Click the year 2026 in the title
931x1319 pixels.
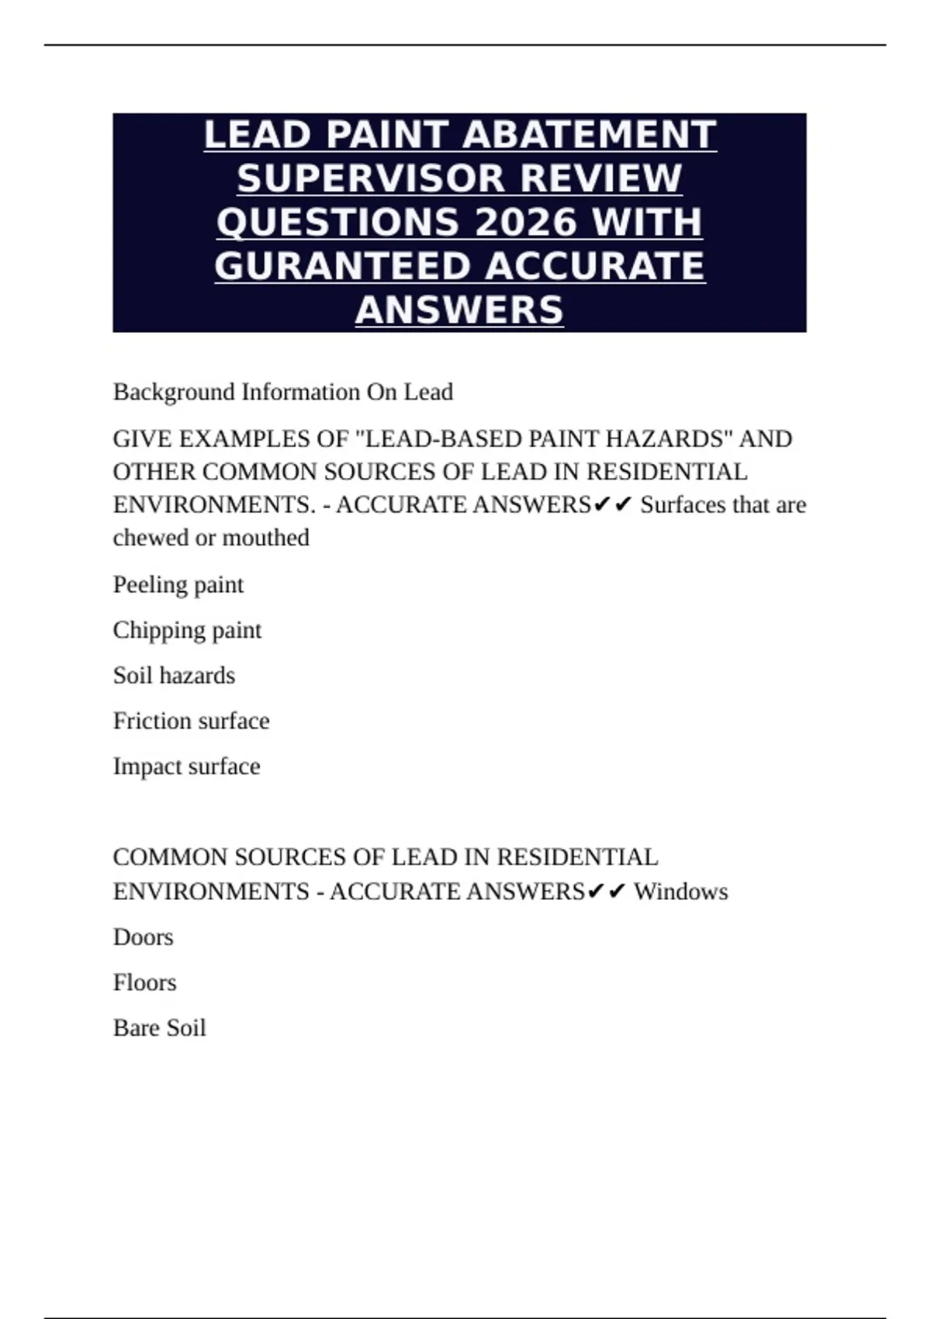point(524,223)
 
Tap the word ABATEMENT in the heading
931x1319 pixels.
point(589,135)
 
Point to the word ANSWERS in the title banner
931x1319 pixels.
point(459,310)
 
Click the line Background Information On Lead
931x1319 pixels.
point(282,392)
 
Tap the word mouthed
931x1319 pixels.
point(265,538)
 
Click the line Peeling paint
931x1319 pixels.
point(178,584)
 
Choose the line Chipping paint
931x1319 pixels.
point(187,630)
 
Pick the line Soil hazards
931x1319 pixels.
point(174,675)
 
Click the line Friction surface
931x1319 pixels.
point(191,721)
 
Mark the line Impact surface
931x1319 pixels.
point(186,767)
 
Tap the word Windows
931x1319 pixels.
point(680,891)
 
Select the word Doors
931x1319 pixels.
point(143,937)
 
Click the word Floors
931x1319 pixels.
point(144,982)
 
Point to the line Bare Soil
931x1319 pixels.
point(159,1028)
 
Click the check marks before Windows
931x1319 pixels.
point(606,891)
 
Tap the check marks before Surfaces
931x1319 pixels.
point(613,505)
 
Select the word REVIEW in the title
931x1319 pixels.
point(600,178)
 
